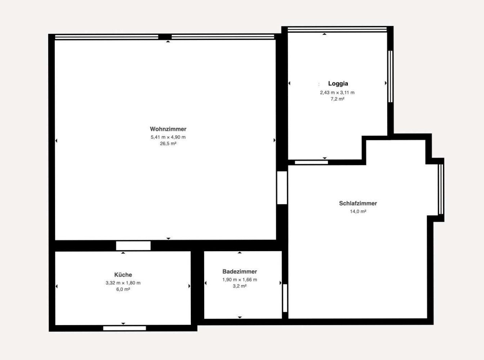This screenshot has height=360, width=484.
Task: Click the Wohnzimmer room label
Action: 168,129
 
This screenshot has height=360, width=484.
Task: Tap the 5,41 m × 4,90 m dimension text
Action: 168,137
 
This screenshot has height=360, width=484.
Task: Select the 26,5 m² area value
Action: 168,144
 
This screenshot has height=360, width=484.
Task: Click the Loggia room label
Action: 338,84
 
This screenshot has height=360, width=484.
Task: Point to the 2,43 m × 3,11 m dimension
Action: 337,93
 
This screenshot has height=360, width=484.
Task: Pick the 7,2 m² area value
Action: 337,99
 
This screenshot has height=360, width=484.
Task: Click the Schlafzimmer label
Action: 358,203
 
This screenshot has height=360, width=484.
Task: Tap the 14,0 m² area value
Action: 358,211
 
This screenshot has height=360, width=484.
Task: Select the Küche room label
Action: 123,275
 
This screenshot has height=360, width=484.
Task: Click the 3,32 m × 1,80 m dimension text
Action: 123,283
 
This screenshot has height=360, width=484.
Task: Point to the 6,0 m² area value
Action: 123,289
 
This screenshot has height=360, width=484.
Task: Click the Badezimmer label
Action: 239,271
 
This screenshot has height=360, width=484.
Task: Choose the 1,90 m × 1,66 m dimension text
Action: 239,280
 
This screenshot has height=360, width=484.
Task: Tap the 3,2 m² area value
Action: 239,286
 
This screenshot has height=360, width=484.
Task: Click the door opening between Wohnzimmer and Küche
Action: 133,246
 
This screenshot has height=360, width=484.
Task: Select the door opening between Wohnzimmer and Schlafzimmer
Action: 282,188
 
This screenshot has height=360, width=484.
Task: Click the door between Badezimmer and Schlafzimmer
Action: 285,298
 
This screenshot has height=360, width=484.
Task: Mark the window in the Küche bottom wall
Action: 125,328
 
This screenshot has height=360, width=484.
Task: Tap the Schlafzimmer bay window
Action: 441,189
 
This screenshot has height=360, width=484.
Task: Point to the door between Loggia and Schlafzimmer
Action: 312,162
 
